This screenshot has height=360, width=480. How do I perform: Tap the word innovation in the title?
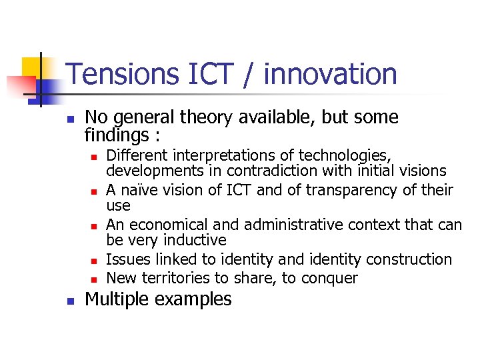pyautogui.click(x=330, y=74)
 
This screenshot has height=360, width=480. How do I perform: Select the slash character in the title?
pyautogui.click(x=248, y=74)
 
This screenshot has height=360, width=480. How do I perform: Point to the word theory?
pyautogui.click(x=213, y=118)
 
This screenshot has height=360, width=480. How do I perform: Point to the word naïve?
pyautogui.click(x=141, y=190)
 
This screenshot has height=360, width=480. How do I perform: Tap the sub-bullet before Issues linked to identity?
pyautogui.click(x=95, y=261)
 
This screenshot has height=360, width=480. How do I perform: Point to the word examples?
pyautogui.click(x=194, y=300)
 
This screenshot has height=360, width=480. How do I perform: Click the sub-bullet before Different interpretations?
pyautogui.click(x=95, y=157)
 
